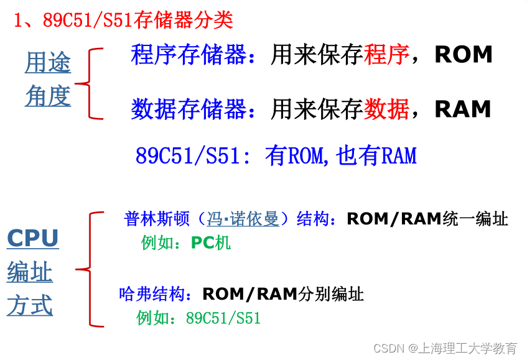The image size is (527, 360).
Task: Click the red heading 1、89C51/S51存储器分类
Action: [123, 20]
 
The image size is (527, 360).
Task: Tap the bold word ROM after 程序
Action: [464, 55]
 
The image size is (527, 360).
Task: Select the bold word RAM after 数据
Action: [463, 109]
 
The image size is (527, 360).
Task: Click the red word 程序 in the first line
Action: [386, 55]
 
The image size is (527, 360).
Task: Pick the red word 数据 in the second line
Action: [386, 109]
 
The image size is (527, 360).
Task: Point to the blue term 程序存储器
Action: [189, 55]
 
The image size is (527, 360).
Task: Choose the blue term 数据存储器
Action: [189, 109]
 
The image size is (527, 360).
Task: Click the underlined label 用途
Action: [48, 63]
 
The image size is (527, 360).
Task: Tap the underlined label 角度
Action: [48, 96]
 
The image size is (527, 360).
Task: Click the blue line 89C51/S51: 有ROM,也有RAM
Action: [276, 155]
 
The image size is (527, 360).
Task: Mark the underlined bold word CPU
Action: [32, 238]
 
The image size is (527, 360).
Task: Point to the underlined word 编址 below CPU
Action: [30, 273]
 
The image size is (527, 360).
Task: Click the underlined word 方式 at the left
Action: [30, 306]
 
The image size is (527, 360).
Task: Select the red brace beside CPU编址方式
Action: [90, 269]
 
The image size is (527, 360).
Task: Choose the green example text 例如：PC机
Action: [186, 242]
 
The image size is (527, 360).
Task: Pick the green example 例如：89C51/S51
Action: [198, 318]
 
